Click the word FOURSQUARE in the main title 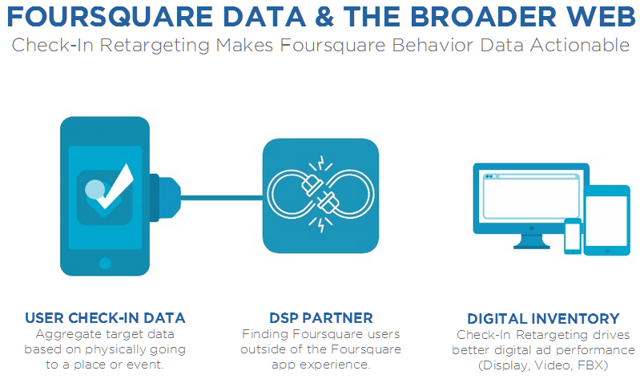(x=110, y=17)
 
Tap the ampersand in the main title (x=324, y=17)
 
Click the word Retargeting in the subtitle (x=155, y=46)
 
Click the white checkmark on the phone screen (x=117, y=187)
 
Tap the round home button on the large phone (x=105, y=263)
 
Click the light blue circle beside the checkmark (x=95, y=189)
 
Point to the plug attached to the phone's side (x=165, y=198)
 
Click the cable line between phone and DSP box (x=221, y=198)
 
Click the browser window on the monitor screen (x=530, y=196)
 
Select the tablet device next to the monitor (x=606, y=220)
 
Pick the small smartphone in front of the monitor (x=573, y=236)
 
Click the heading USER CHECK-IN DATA (x=105, y=318)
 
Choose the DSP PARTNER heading (x=321, y=318)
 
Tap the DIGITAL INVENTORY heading (x=543, y=319)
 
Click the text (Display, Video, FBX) (x=543, y=365)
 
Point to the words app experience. (x=320, y=365)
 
